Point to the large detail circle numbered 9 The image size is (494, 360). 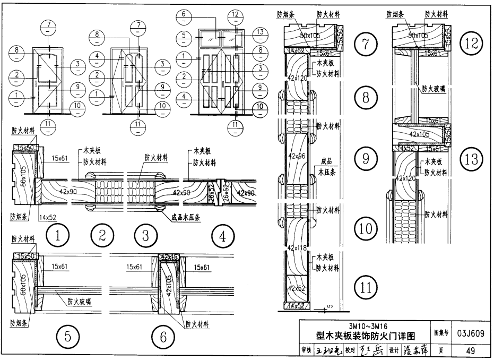point(366,158)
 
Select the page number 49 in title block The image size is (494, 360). point(470,350)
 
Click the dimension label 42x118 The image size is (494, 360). point(298,247)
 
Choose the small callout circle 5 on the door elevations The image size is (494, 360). point(184,35)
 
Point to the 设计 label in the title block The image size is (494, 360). point(393,351)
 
